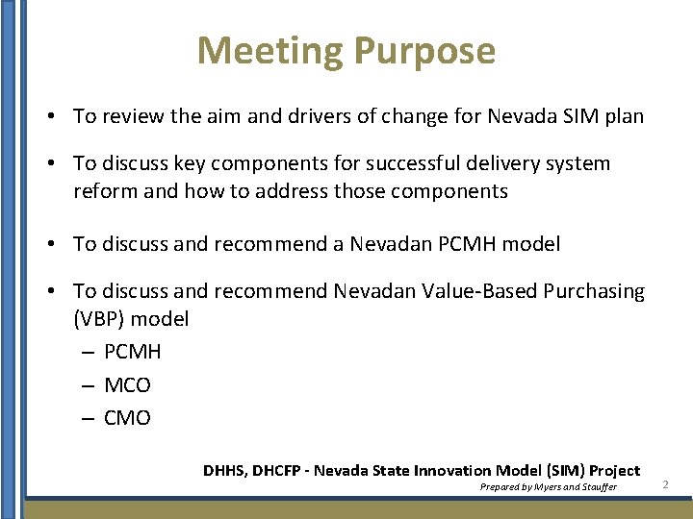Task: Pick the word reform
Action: (104, 191)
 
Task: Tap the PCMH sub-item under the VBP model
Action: (132, 352)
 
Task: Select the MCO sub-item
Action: (127, 385)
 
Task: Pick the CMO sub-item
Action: (127, 418)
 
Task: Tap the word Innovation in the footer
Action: (452, 471)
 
